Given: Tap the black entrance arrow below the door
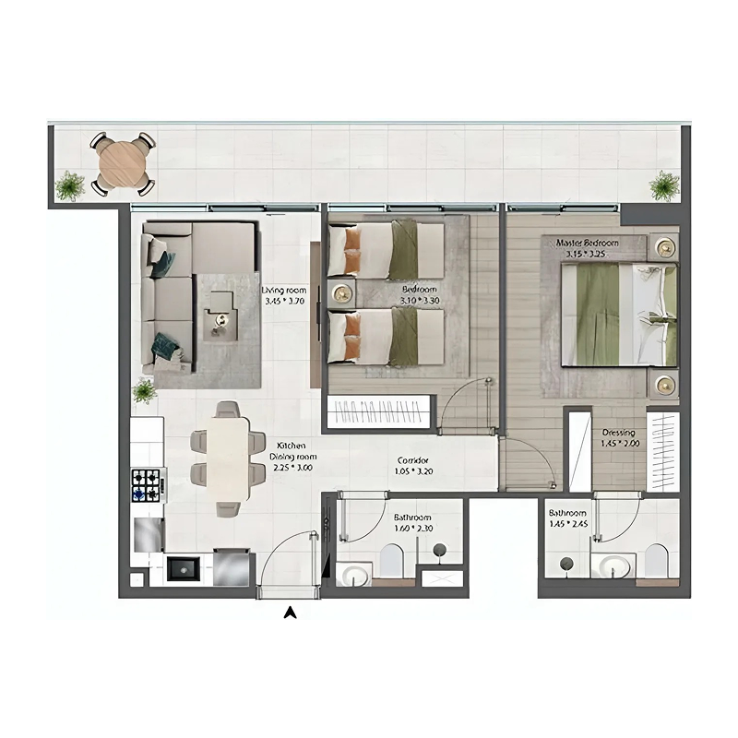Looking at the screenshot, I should coord(291,611).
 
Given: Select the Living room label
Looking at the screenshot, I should coord(284,290).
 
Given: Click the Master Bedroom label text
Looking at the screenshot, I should coord(587,243).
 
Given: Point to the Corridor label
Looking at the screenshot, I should coord(412,459).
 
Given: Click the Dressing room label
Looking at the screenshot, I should coord(618,432).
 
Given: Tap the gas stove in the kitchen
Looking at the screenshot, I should coord(146,483).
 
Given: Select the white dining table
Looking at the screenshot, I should coord(227,458).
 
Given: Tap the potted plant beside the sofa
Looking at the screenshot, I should coord(144,391).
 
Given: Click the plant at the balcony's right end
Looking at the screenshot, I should coord(663,185).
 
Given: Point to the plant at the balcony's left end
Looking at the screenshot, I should coord(69,186).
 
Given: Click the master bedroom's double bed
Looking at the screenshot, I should coord(620,314).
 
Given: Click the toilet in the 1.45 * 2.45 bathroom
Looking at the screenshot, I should coord(656,561).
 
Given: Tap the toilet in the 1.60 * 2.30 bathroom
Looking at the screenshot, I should coord(392,559).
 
